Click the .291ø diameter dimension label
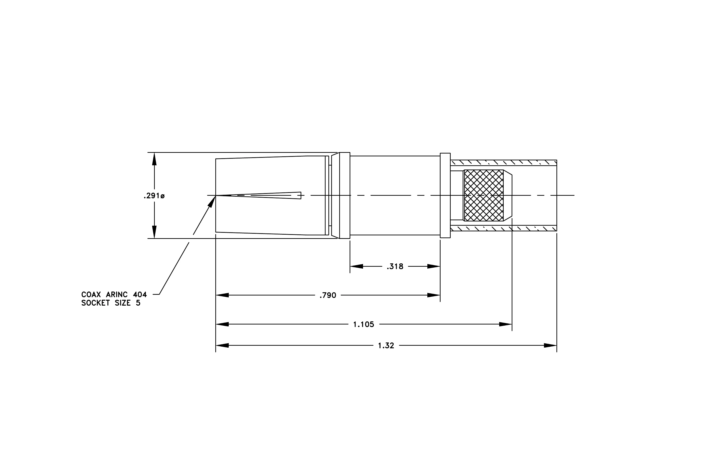154,196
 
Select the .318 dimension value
395,266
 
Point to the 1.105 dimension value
364,324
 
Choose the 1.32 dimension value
386,345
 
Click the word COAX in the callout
91,295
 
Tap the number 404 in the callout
140,295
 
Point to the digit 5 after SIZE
138,303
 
